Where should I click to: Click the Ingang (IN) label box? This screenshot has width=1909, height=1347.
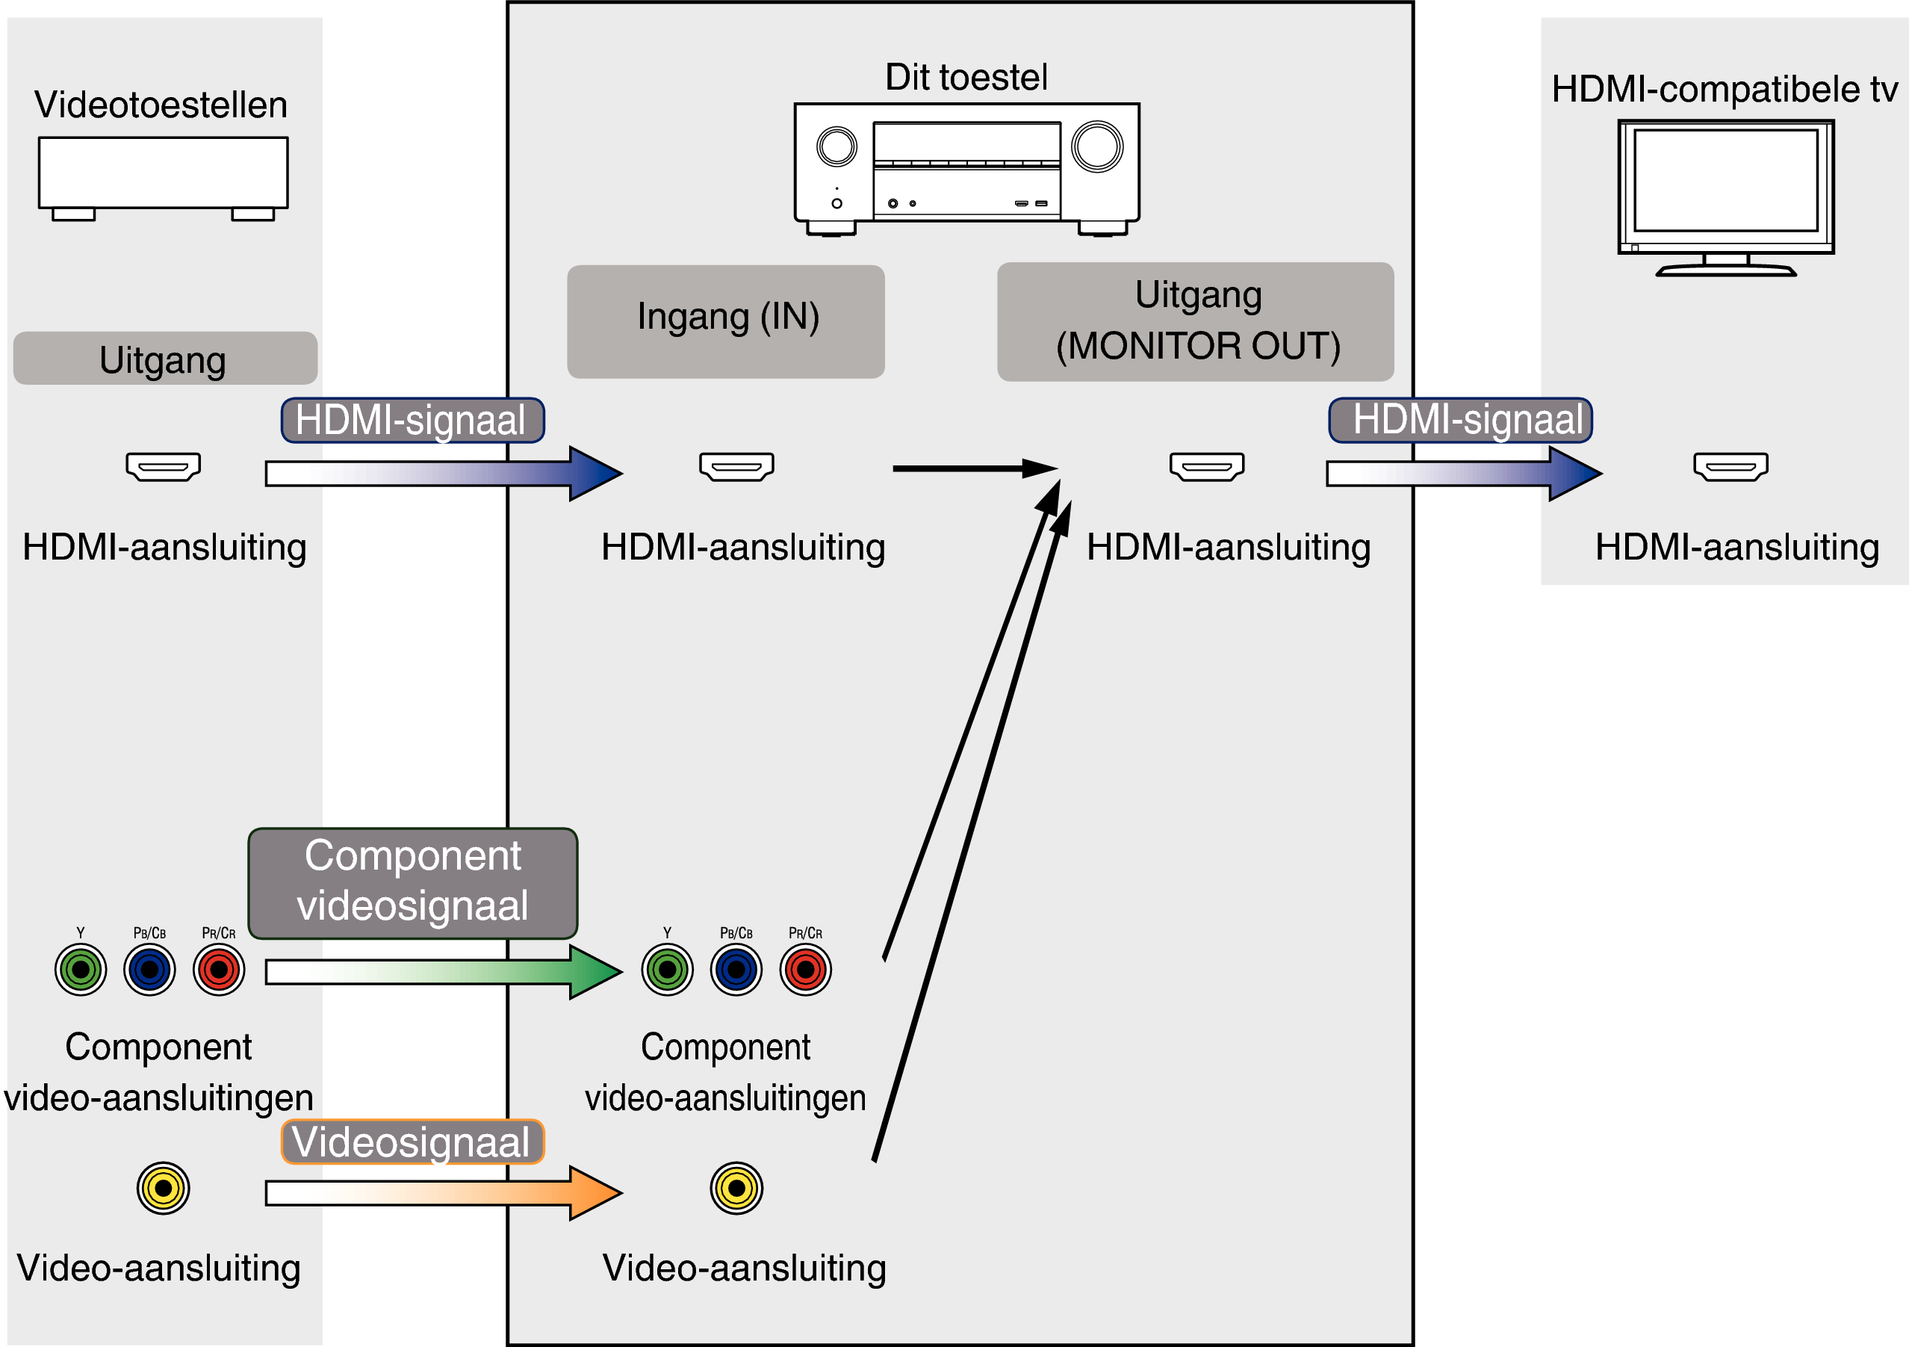(x=725, y=321)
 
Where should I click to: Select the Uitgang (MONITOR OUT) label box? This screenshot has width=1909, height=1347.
(x=1195, y=321)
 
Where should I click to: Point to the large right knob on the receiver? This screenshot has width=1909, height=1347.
(x=1096, y=146)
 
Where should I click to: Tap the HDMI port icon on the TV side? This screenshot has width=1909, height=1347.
(x=1730, y=466)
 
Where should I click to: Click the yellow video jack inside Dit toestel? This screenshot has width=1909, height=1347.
(x=736, y=1188)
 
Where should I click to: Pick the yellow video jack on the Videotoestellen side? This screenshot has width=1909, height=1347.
(x=163, y=1188)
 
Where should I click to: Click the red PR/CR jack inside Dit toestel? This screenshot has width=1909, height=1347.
(x=805, y=970)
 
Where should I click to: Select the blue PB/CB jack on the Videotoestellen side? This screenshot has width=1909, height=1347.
(x=149, y=970)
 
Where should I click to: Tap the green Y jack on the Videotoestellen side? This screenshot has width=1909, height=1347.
(x=81, y=970)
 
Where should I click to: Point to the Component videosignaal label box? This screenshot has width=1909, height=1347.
(x=412, y=882)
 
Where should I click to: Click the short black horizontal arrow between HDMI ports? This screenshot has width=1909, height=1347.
(x=972, y=469)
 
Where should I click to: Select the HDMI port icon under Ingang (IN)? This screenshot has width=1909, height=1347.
(x=736, y=466)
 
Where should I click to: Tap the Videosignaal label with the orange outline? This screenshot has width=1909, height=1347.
(x=412, y=1142)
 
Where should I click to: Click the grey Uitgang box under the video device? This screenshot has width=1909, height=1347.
(x=164, y=359)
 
